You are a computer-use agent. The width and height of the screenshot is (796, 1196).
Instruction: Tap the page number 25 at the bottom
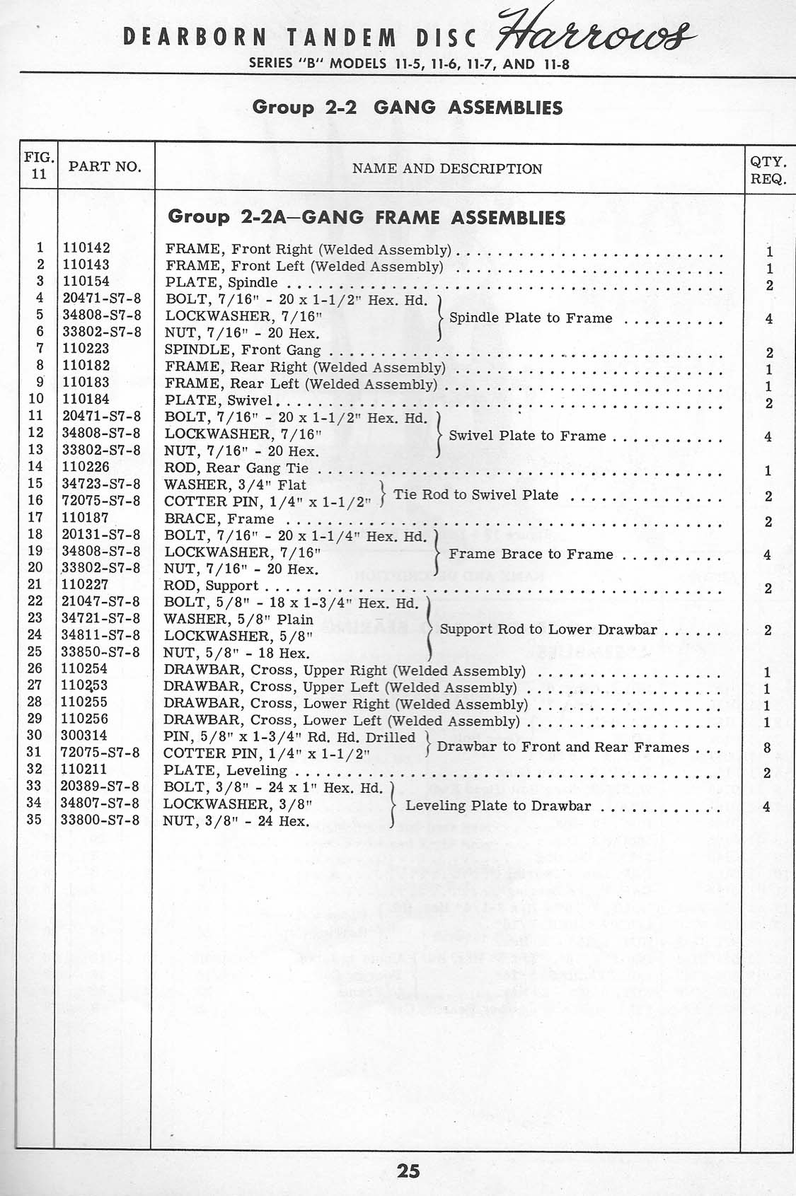pos(408,1171)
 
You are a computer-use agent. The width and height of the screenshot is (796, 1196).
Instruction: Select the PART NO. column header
pos(105,167)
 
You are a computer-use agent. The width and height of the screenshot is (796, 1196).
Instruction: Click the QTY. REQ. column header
pos(768,170)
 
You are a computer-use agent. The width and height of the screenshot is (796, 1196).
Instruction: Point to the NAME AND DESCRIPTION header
pos(447,169)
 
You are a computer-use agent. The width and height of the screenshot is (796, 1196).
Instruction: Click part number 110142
pos(86,248)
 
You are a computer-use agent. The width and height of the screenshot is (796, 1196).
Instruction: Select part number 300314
pos(86,736)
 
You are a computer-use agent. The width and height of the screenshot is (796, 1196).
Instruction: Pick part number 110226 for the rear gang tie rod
pos(86,467)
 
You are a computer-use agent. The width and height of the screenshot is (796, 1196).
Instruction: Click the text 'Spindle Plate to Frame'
pos(531,318)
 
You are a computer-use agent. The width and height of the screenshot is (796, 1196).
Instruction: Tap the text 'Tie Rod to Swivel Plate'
pos(476,494)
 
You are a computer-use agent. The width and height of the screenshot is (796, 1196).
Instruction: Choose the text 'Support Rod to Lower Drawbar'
pos(548,629)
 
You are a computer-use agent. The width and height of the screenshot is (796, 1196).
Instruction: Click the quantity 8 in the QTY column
pos(768,748)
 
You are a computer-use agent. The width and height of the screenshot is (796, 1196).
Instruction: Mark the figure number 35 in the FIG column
pos(35,820)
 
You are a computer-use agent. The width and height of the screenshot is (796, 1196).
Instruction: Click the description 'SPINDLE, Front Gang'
pos(243,350)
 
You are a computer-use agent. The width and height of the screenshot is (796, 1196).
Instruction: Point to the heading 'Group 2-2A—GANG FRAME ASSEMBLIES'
pos(367,217)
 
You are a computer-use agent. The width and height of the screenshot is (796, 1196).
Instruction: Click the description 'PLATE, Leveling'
pos(225,770)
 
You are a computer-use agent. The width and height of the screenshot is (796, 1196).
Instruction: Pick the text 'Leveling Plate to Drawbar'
pos(498,806)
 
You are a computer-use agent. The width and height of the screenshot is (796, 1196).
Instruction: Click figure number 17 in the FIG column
pos(35,518)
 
